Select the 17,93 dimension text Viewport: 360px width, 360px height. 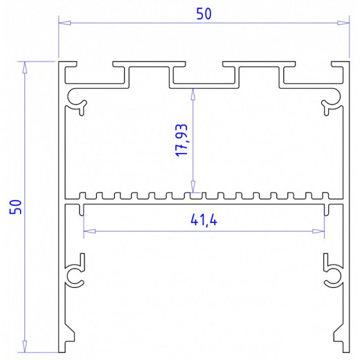pyautogui.click(x=182, y=140)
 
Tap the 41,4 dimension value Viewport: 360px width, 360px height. pyautogui.click(x=202, y=221)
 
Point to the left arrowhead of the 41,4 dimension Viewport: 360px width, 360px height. pyautogui.click(x=87, y=231)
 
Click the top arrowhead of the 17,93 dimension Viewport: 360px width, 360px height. pyautogui.click(x=192, y=95)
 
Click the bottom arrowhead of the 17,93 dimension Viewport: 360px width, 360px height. pyautogui.click(x=192, y=189)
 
